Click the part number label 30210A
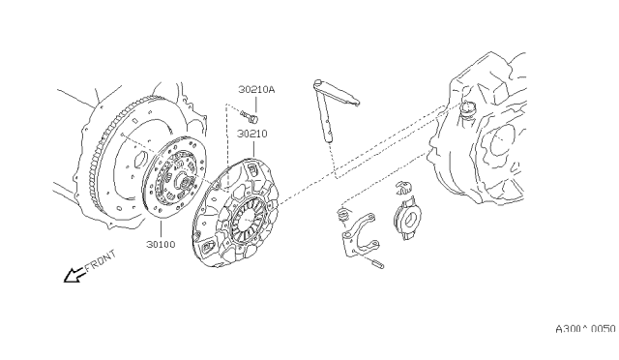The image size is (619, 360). [256, 90]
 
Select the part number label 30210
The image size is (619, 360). [251, 134]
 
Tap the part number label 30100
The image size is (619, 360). [161, 244]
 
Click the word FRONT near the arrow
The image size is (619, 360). [101, 260]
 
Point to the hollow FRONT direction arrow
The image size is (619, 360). [74, 275]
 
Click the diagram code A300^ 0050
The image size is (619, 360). [585, 329]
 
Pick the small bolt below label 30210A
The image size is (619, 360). [250, 116]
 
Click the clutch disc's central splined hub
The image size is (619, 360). [185, 182]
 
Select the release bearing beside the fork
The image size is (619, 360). [408, 218]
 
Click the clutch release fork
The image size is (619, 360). [359, 235]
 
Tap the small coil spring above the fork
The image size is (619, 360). [343, 215]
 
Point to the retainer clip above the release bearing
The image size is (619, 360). [403, 188]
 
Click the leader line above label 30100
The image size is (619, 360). [161, 229]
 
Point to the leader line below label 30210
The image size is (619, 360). [253, 149]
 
